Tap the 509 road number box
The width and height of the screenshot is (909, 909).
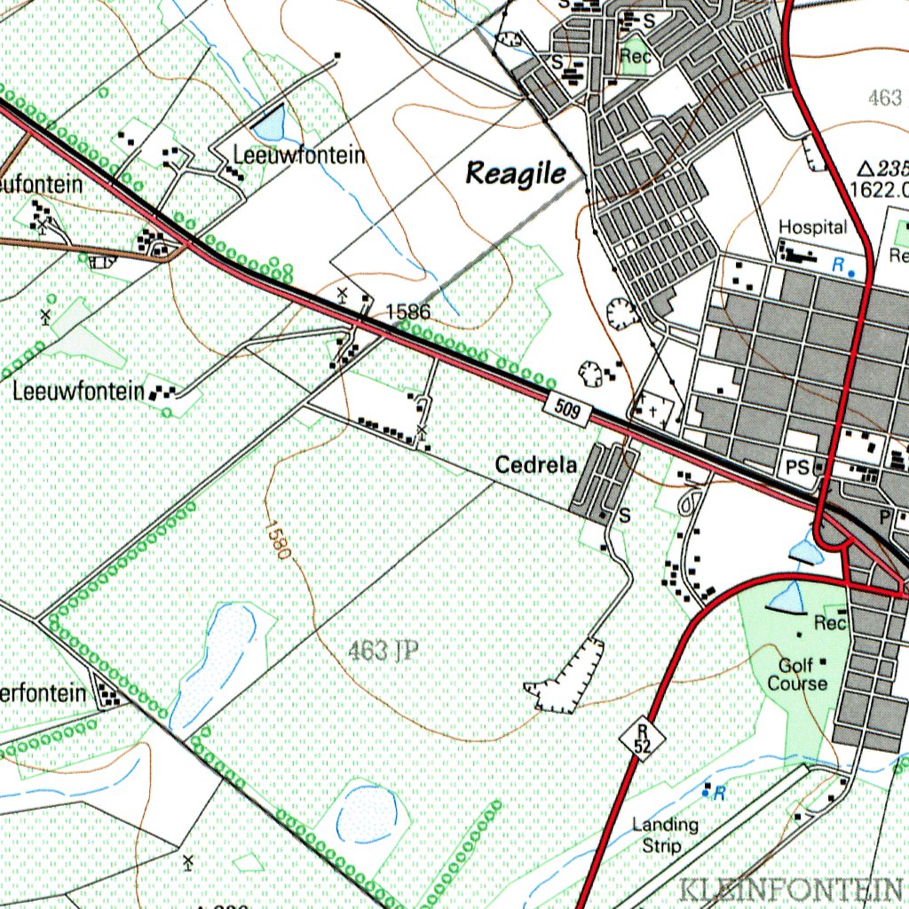point(570,410)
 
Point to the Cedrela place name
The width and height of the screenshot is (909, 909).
point(536,464)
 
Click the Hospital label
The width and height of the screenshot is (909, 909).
point(812,227)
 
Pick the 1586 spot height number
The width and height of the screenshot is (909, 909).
point(408,312)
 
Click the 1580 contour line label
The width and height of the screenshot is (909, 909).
point(277,538)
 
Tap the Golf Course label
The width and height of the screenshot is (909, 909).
point(797,675)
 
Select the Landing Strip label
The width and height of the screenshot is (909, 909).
point(665,835)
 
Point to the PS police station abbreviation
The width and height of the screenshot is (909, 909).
point(796,465)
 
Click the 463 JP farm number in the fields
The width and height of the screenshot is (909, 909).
point(383,652)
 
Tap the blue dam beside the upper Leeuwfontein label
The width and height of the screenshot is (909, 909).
point(271,123)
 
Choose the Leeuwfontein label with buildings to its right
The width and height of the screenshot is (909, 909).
point(78,391)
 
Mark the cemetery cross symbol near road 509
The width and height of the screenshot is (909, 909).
point(654,410)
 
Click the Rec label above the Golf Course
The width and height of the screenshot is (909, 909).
point(830,623)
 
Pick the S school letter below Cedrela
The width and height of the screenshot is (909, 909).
point(624,514)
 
